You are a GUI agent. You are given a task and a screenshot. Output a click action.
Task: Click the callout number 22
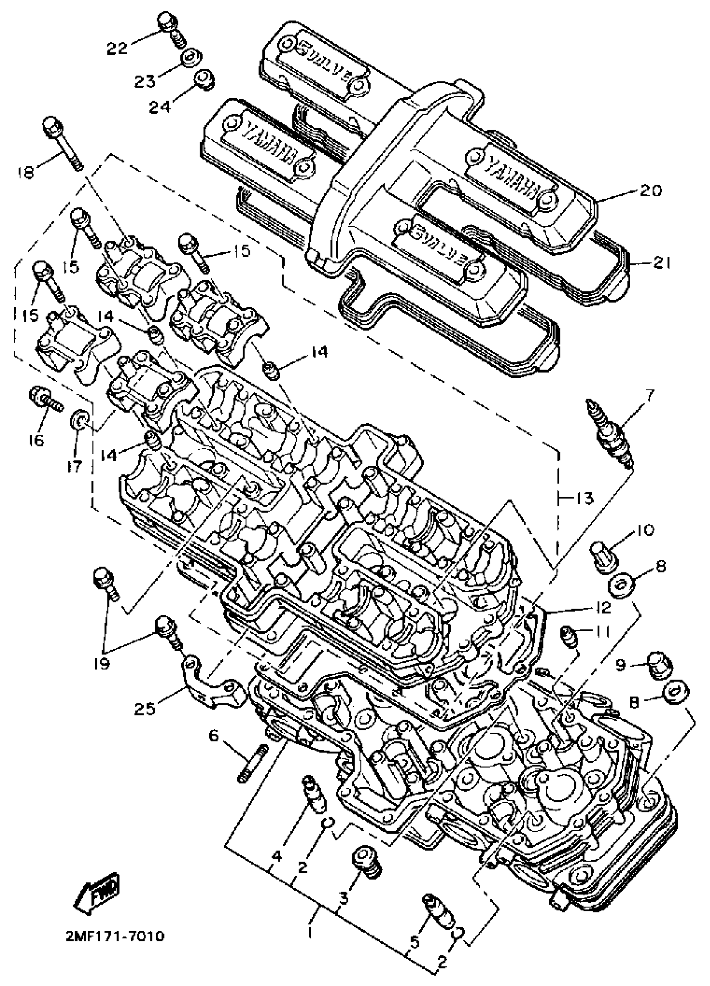click(117, 48)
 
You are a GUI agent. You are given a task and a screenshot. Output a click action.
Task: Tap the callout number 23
click(145, 81)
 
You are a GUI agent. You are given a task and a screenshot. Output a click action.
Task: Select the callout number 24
click(160, 106)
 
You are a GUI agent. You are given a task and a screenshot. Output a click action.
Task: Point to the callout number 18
click(25, 172)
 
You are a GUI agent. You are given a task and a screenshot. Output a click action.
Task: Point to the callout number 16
click(37, 440)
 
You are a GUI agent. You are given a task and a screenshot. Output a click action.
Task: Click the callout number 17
click(75, 467)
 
